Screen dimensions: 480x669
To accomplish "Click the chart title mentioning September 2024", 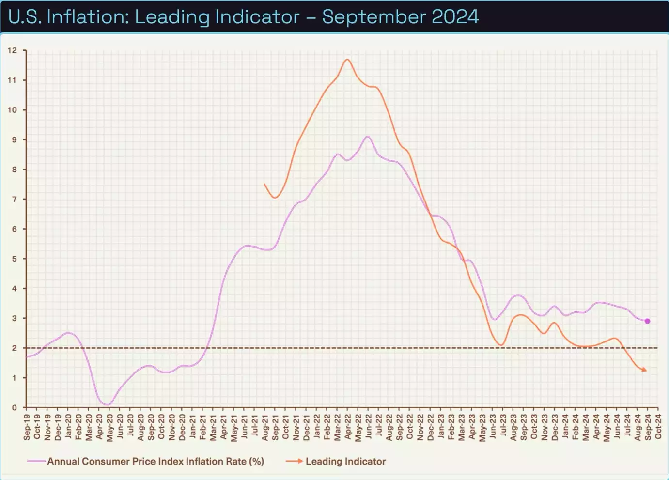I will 244,17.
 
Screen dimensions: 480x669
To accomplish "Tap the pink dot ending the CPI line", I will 647,321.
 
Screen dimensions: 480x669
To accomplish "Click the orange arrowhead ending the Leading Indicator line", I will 644,370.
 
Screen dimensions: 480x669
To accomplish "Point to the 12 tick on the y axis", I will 12,50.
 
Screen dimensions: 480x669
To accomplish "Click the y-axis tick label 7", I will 14,199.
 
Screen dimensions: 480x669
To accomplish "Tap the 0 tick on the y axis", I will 14,407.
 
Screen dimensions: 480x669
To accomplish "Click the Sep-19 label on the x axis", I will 27,427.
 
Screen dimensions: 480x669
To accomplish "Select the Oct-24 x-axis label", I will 658,427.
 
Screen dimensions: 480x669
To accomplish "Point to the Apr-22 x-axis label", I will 347,427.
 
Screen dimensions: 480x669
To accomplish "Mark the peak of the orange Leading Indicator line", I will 347,59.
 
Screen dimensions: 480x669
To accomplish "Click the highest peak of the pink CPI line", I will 368,136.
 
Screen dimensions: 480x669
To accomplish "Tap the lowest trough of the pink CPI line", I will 107,404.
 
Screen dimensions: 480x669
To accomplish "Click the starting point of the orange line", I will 264,184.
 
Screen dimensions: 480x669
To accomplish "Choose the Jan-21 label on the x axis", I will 192,427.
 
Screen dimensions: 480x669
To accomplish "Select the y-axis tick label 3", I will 14,318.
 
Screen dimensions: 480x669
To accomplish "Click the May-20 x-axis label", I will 109,427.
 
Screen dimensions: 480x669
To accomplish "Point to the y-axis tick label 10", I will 12,110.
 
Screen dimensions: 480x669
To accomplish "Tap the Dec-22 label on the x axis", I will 430,427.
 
